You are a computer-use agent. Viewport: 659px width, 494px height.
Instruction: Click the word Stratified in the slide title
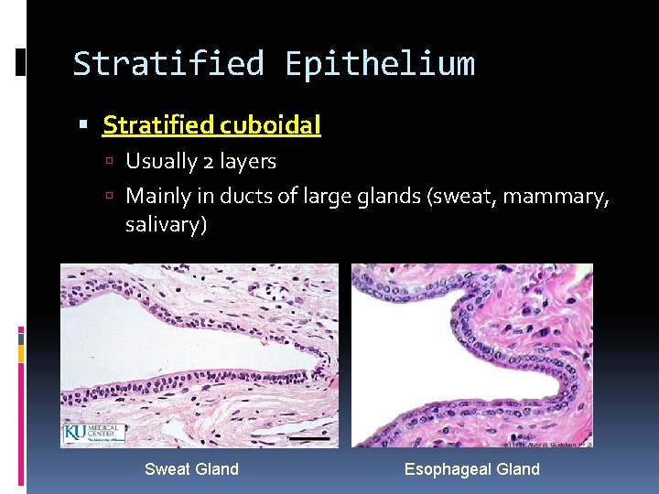[x=168, y=64]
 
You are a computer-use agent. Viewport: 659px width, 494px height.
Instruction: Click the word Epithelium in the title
[x=380, y=64]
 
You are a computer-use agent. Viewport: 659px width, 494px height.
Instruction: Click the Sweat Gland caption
[x=191, y=469]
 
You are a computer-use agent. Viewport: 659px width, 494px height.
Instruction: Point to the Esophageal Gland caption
[x=472, y=469]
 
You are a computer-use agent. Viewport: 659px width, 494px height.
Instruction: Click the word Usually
[x=161, y=162]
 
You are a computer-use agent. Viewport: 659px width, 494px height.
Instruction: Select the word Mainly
[x=157, y=195]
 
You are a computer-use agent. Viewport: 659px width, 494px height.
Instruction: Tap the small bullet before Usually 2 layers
[x=107, y=163]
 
